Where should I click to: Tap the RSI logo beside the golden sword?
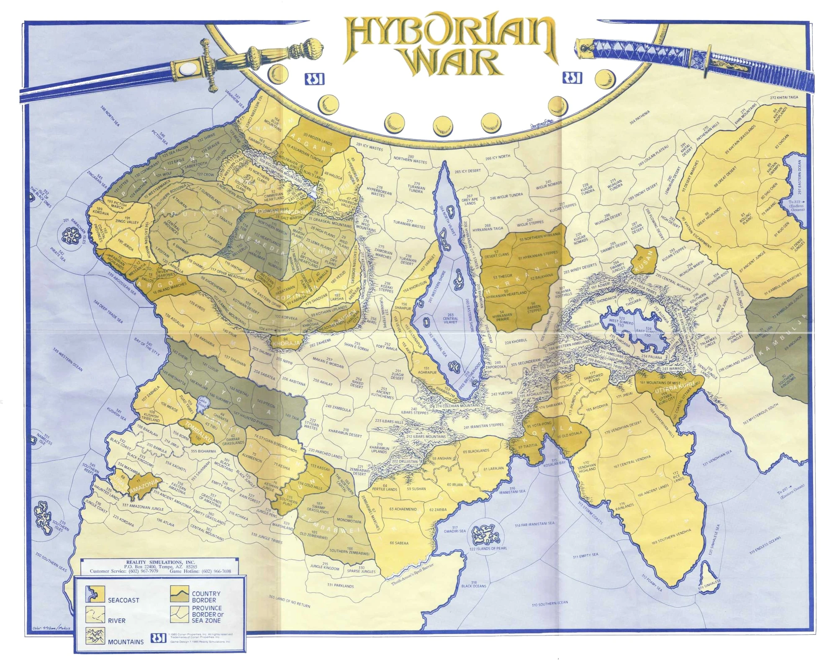314,79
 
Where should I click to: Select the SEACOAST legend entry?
123,600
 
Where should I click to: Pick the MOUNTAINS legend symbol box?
95,636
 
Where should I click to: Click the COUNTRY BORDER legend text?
206,596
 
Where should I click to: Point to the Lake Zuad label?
203,401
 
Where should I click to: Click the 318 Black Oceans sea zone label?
473,584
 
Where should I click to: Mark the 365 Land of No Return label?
289,601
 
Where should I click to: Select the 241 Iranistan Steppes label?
483,426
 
